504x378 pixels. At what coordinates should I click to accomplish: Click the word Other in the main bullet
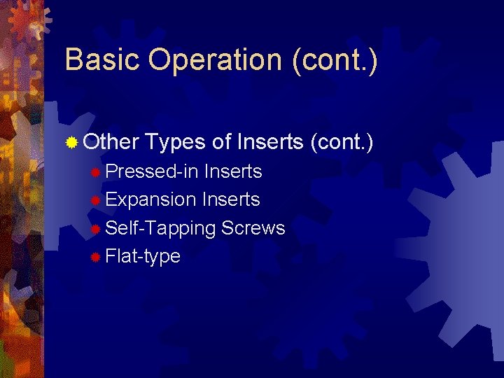(111, 143)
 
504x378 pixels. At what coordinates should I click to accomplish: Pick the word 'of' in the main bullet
(222, 143)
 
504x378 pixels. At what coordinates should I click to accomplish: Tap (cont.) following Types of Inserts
(342, 143)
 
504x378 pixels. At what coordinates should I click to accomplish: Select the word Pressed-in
(152, 171)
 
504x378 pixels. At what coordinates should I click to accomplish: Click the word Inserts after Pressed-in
(233, 171)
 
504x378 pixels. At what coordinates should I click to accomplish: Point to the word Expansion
(150, 200)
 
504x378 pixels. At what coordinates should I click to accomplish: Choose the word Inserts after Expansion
(231, 199)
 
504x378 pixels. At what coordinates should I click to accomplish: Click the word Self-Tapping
(160, 229)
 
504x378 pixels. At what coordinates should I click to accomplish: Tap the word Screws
(253, 228)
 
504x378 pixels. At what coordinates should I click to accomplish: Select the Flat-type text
(143, 257)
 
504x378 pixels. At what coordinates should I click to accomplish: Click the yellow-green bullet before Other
(71, 143)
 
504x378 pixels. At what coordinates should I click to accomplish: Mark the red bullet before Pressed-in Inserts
(96, 172)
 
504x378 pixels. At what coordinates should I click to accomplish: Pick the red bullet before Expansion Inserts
(96, 201)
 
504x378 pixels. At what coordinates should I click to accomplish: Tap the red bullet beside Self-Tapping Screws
(96, 229)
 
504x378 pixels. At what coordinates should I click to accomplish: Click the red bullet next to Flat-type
(96, 258)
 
